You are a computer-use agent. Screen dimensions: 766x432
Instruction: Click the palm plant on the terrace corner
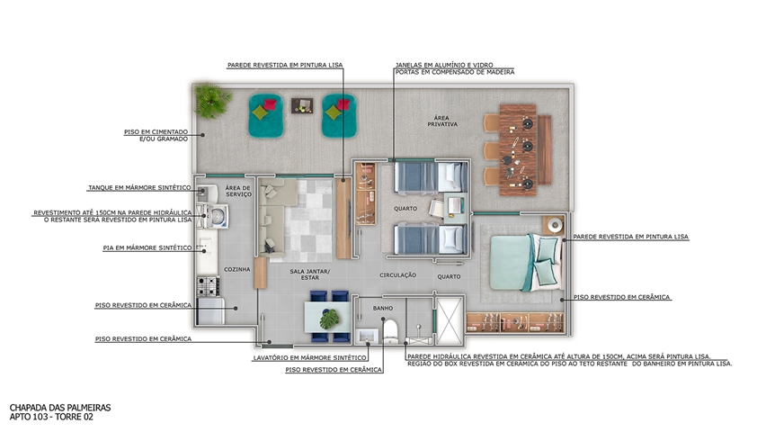pyautogui.click(x=211, y=100)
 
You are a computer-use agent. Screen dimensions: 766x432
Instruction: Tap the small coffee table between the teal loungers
pyautogui.click(x=302, y=105)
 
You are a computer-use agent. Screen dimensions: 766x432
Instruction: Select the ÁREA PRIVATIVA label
pyautogui.click(x=442, y=121)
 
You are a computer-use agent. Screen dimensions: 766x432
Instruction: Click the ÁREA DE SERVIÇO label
pyautogui.click(x=238, y=191)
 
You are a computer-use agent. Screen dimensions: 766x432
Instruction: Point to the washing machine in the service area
pyautogui.click(x=216, y=216)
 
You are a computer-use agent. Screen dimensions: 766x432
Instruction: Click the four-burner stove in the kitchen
pyautogui.click(x=208, y=286)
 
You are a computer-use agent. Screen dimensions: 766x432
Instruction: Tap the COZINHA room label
pyautogui.click(x=237, y=270)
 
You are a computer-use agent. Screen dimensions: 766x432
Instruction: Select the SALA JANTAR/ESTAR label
pyautogui.click(x=309, y=274)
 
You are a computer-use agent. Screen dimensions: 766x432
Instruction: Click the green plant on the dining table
pyautogui.click(x=329, y=319)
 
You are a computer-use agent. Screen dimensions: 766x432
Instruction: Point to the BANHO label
pyautogui.click(x=383, y=308)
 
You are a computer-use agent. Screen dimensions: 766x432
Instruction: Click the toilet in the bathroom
pyautogui.click(x=390, y=332)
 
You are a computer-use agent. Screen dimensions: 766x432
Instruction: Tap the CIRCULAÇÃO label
pyautogui.click(x=397, y=275)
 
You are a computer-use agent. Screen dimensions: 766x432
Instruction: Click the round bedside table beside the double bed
pyautogui.click(x=555, y=225)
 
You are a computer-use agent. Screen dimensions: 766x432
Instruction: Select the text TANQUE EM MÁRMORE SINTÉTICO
pyautogui.click(x=139, y=187)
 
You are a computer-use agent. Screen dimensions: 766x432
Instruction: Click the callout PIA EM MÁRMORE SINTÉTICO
pyautogui.click(x=147, y=248)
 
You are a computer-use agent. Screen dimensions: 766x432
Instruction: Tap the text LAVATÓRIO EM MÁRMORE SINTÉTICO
pyautogui.click(x=309, y=358)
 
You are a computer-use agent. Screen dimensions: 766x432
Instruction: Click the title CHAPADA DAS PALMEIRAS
pyautogui.click(x=60, y=408)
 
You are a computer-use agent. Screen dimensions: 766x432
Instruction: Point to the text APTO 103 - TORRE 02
pyautogui.click(x=51, y=418)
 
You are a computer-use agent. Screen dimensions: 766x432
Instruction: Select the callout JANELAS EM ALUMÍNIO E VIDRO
pyautogui.click(x=444, y=65)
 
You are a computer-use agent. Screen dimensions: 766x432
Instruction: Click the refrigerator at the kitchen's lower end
pyautogui.click(x=210, y=311)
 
